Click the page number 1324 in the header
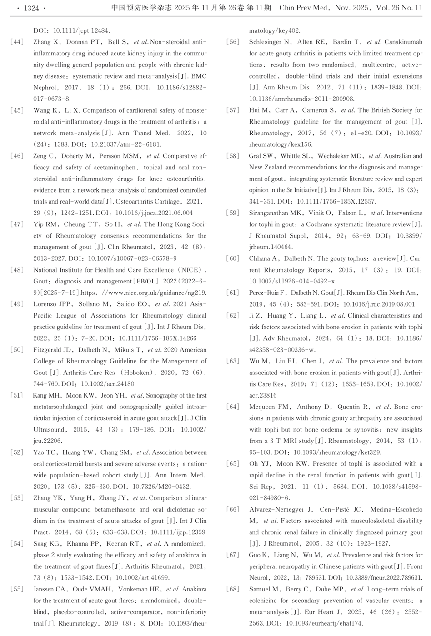pyautogui.click(x=31, y=8)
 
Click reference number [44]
pyautogui.click(x=17, y=42)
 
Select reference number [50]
pyautogui.click(x=17, y=350)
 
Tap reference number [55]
pyautogui.click(x=17, y=589)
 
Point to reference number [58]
pyautogui.click(x=233, y=156)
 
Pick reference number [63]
pyautogui.click(x=233, y=361)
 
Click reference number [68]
pyautogui.click(x=233, y=589)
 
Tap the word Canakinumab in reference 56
pyautogui.click(x=403, y=42)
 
